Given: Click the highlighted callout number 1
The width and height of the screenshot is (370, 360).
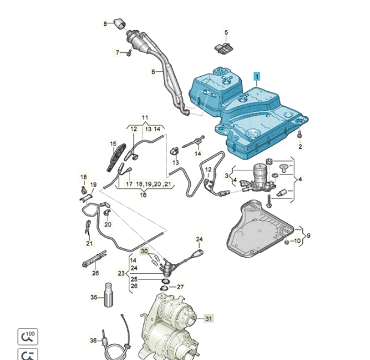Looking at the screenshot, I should [x=257, y=77].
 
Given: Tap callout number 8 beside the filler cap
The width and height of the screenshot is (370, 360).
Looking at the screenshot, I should [x=105, y=23].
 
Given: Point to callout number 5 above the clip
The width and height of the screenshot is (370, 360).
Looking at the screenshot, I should [x=226, y=32].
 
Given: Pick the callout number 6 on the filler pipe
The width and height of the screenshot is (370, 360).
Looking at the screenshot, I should [x=153, y=72].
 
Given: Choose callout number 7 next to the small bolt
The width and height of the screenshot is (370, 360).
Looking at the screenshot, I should [x=118, y=53].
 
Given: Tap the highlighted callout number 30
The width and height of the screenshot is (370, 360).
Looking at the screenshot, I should [x=144, y=251].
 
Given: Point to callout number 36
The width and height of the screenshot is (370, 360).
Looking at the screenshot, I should [x=94, y=340].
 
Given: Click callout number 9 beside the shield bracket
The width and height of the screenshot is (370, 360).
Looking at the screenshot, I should [x=308, y=235].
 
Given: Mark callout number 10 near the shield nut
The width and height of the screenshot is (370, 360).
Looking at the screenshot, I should [x=298, y=241].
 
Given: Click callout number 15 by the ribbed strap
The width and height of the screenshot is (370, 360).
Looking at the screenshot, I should [x=113, y=144].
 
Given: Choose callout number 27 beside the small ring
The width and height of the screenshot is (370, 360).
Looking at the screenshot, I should [x=180, y=287].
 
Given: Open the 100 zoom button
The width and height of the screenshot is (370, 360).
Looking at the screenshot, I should [x=28, y=336].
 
